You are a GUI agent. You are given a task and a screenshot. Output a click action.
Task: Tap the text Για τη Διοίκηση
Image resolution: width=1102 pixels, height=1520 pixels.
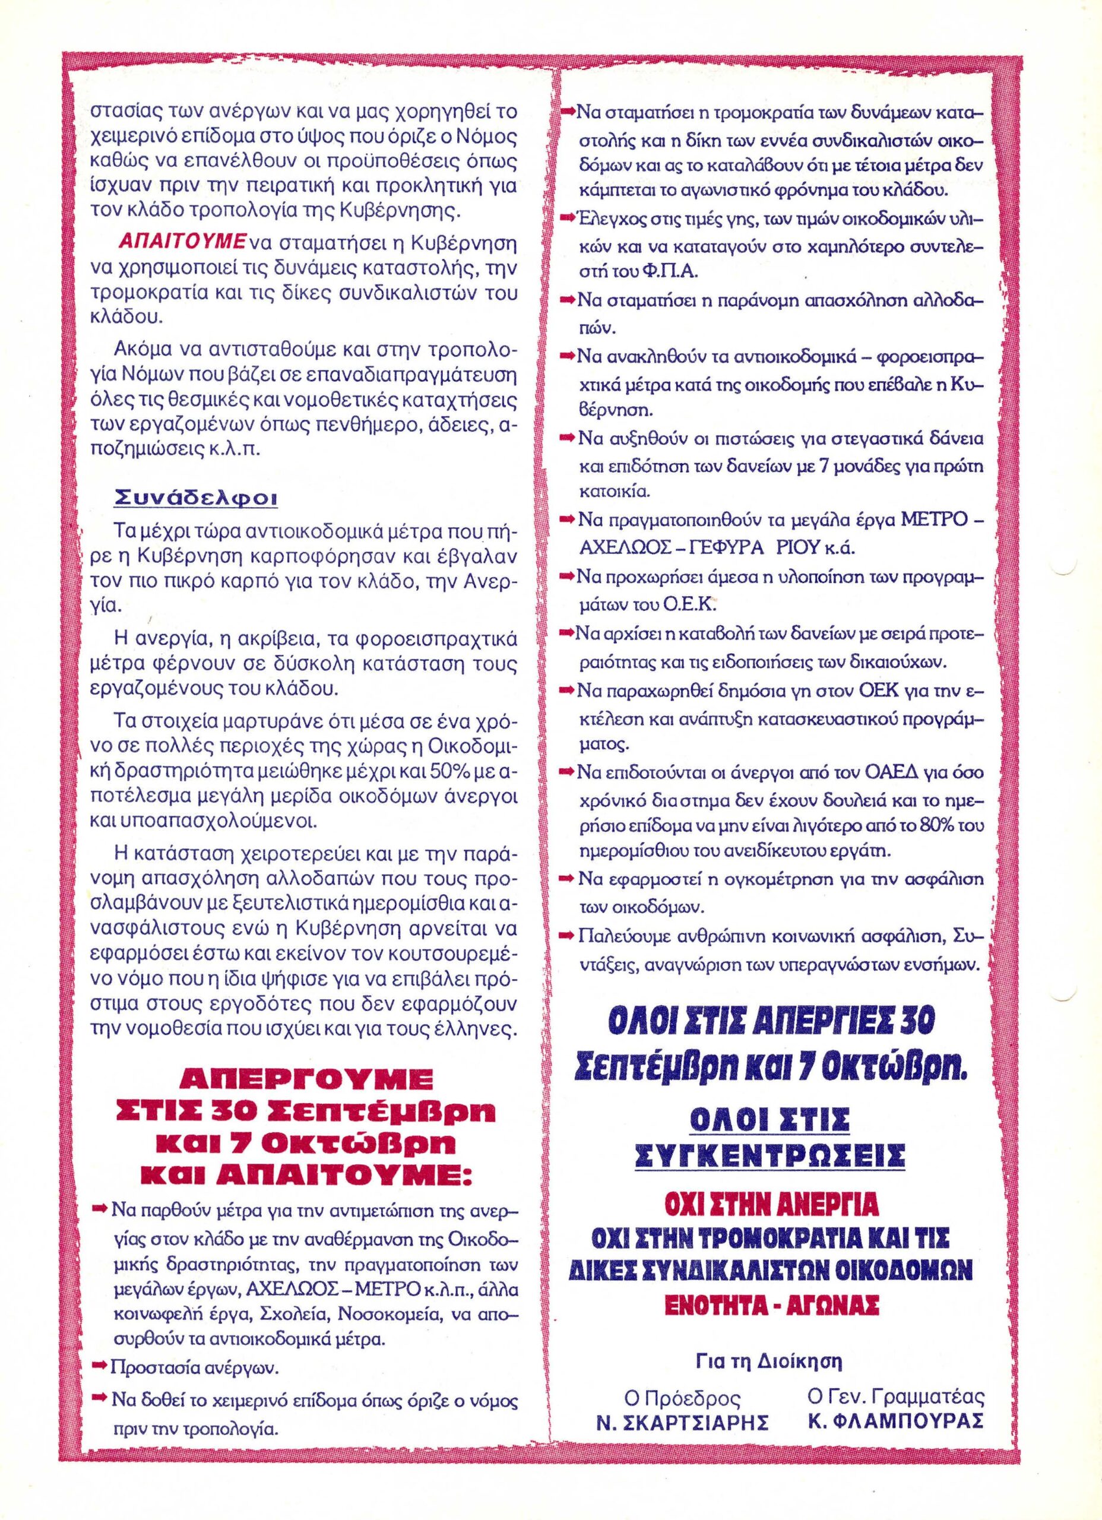click(x=769, y=1375)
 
